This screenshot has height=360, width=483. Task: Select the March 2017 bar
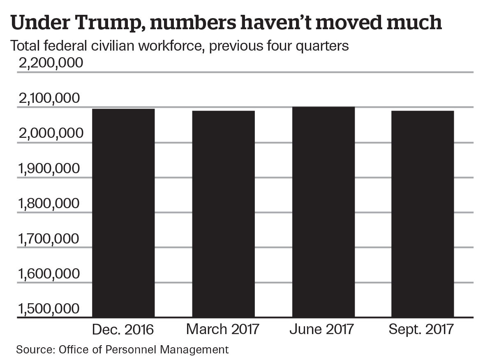(223, 214)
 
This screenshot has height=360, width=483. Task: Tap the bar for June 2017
(323, 212)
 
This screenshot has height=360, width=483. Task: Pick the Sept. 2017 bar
(423, 214)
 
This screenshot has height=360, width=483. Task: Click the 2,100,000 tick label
(50, 98)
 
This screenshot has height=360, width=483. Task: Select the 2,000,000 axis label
(50, 133)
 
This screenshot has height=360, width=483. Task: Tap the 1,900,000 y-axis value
(50, 168)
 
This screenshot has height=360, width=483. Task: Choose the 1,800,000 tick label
(50, 203)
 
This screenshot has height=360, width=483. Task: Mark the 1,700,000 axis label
(50, 238)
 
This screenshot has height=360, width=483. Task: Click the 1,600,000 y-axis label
(50, 274)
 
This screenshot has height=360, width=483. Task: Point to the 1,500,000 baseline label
(50, 309)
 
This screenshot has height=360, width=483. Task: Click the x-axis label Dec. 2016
(123, 330)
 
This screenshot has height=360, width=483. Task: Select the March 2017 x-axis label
(223, 330)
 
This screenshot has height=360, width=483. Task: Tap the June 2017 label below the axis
(322, 330)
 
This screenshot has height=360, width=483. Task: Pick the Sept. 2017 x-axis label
(422, 330)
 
